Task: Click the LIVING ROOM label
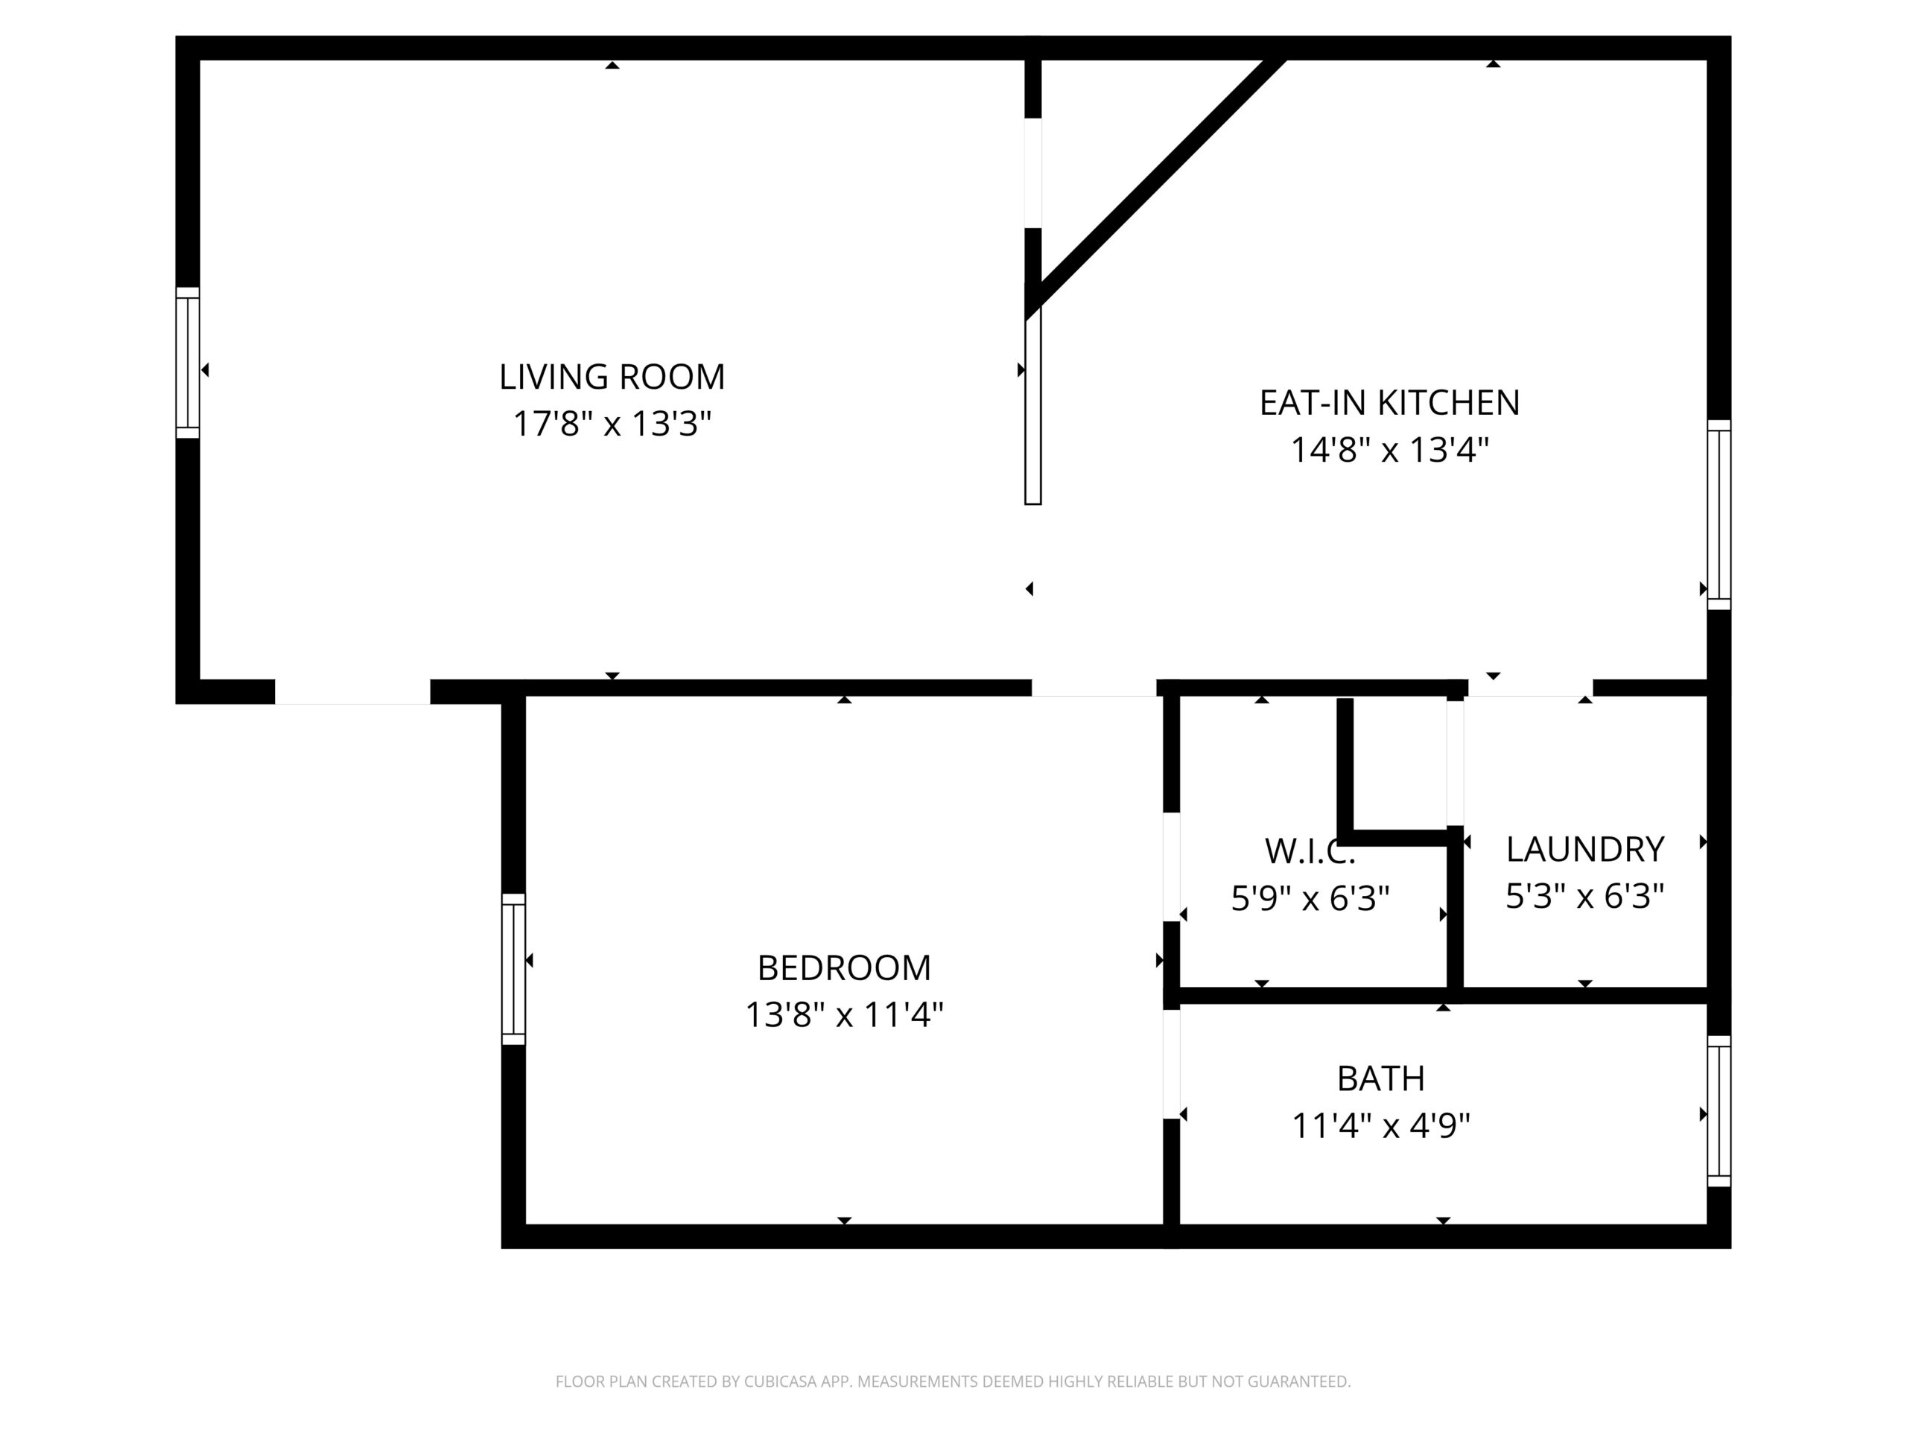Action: [612, 377]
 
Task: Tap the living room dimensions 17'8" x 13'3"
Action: [612, 423]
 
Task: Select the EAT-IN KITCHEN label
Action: [1390, 402]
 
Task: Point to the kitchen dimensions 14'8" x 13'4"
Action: [1390, 449]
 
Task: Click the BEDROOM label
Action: [844, 968]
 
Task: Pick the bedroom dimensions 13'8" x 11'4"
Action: [844, 1014]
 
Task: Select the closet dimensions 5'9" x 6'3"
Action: [1310, 898]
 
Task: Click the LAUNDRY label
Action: [1584, 849]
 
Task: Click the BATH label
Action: [1381, 1078]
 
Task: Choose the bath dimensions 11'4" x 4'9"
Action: [1381, 1125]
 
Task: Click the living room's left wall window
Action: [188, 363]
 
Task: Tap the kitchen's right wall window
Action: [1719, 515]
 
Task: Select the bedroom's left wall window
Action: [513, 969]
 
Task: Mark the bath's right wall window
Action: [1719, 1111]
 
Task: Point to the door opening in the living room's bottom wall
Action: [352, 692]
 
